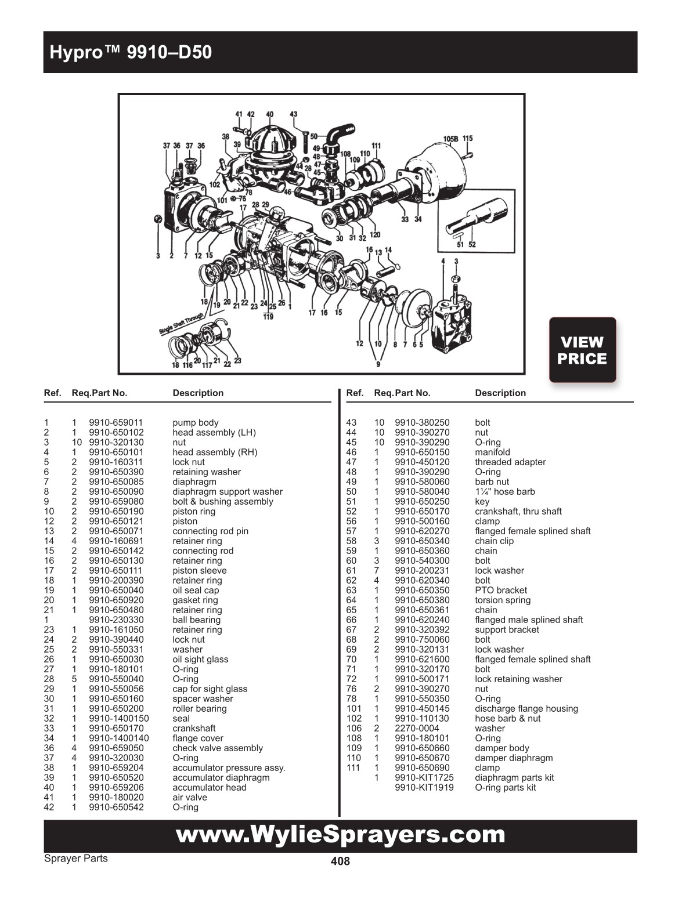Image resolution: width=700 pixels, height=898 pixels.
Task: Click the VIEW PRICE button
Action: [582, 350]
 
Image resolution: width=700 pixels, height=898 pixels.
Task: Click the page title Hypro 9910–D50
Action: [131, 53]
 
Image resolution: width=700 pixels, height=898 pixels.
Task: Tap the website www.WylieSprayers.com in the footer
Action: [340, 835]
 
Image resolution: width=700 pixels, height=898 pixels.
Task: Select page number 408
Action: [340, 861]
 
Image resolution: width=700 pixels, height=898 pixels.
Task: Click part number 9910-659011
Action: [116, 423]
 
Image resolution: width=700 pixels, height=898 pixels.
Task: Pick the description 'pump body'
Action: [195, 423]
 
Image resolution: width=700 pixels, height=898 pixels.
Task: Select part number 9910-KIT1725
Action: [424, 778]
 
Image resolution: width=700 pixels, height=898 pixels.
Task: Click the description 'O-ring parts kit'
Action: [505, 788]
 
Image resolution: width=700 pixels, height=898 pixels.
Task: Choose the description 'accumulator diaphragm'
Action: [221, 778]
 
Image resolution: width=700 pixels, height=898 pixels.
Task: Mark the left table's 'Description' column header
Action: [198, 393]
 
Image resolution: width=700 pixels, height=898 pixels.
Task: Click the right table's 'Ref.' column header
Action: [355, 393]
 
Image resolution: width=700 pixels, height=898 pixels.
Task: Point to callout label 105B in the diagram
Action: [450, 139]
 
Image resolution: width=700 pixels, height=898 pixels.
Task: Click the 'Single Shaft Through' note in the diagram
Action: [182, 324]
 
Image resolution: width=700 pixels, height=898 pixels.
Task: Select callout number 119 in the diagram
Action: [268, 317]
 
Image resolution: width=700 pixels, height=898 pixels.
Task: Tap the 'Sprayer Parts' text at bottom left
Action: [75, 859]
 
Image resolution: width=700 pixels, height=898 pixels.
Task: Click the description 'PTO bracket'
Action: [500, 591]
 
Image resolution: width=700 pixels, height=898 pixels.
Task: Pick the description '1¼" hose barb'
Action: [504, 492]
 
